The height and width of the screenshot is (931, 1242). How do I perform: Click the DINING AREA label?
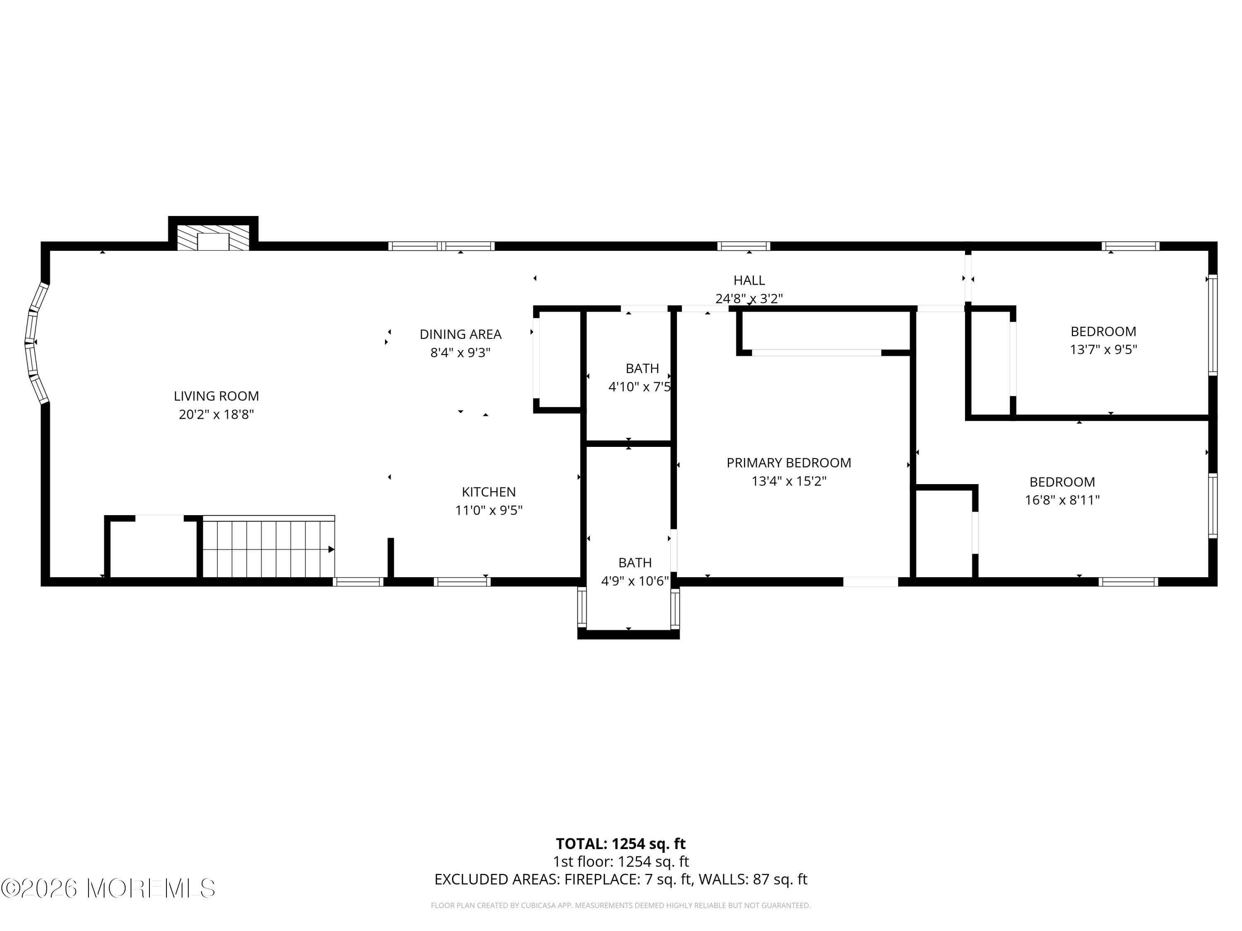[460, 334]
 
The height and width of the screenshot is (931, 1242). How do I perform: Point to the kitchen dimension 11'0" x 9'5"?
[489, 510]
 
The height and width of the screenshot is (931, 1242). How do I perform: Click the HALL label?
[749, 280]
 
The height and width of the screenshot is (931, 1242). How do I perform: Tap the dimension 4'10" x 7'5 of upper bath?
[640, 386]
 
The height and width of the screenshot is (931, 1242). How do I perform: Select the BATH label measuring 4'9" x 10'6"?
[635, 562]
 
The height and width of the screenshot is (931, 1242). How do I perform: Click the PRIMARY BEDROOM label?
[788, 463]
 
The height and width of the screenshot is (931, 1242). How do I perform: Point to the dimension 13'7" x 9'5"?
[1103, 349]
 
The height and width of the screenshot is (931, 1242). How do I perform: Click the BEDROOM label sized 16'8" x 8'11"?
[1062, 482]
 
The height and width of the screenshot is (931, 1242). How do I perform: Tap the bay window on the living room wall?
[35, 342]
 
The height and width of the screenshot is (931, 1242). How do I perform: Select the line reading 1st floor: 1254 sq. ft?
[621, 861]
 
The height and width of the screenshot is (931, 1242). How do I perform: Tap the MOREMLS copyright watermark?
[108, 888]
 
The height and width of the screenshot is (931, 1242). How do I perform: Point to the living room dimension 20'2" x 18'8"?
[216, 414]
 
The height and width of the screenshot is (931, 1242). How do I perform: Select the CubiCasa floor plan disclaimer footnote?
[621, 905]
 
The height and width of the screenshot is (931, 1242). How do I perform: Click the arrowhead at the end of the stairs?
[331, 549]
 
